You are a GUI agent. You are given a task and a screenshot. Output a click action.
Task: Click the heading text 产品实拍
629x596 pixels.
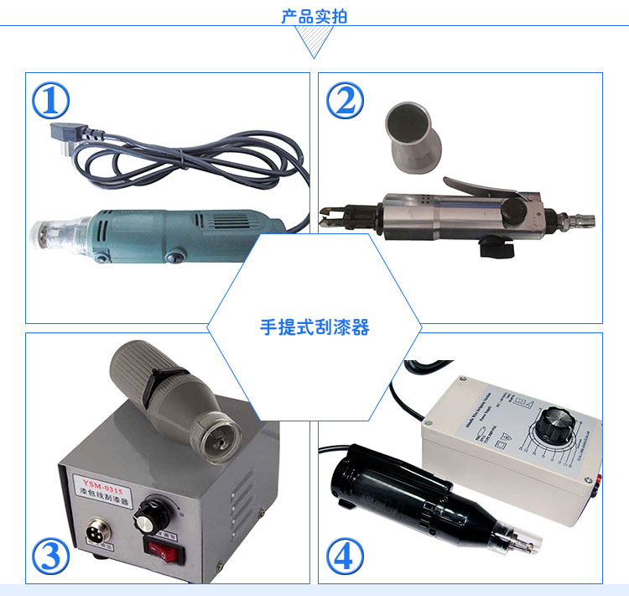tap(314, 16)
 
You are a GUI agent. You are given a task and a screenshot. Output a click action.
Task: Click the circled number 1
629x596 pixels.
tap(50, 102)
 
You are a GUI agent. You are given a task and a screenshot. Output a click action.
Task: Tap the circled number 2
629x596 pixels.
tap(345, 102)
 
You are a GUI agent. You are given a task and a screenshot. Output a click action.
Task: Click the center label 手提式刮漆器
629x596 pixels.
tap(314, 327)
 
